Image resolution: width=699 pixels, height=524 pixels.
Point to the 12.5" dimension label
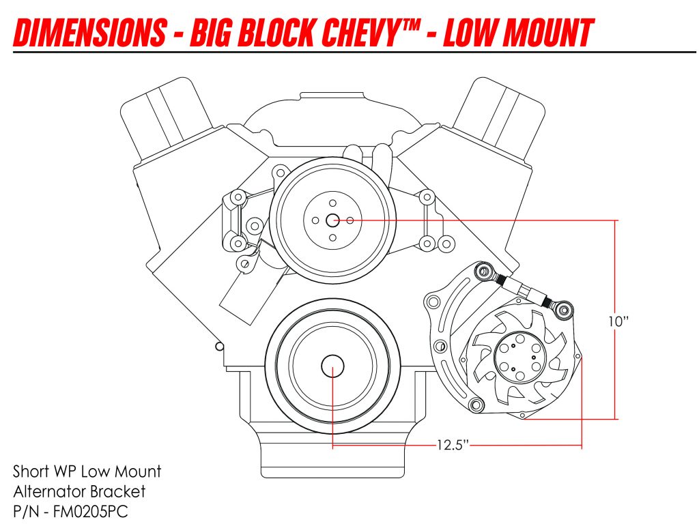[453, 446]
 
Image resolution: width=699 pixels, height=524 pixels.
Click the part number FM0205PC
[87, 510]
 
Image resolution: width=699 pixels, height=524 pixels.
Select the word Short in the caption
[30, 471]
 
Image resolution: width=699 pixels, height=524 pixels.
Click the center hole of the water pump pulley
[333, 220]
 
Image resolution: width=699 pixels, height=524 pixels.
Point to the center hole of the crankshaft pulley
[332, 367]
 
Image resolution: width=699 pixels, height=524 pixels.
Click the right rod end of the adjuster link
[564, 311]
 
